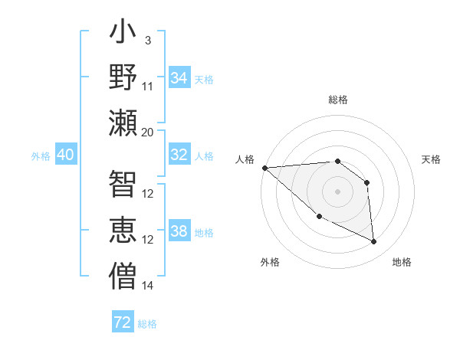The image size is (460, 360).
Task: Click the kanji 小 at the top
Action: click(123, 34)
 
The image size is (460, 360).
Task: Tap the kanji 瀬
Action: click(123, 123)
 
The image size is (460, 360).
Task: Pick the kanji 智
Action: click(123, 184)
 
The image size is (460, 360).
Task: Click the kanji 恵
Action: click(123, 230)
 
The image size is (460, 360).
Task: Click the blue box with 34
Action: click(179, 77)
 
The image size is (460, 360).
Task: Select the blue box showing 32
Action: click(179, 155)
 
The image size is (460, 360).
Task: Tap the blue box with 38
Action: click(179, 231)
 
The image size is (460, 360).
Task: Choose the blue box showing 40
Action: click(66, 155)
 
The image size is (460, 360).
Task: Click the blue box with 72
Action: click(123, 322)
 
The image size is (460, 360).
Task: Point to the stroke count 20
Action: click(148, 132)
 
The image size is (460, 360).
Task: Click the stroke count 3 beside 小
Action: click(147, 40)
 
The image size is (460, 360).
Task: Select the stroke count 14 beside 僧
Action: click(148, 286)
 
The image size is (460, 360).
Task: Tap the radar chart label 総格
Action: click(337, 100)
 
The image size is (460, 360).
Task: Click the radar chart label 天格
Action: click(431, 159)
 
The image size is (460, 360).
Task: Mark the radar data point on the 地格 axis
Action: click(374, 242)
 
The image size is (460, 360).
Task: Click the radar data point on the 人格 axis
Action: click(264, 168)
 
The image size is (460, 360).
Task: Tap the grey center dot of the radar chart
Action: click(337, 191)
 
